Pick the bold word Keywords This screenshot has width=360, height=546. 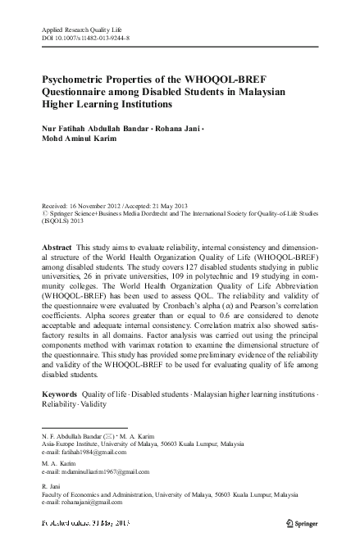pyautogui.click(x=60, y=394)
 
